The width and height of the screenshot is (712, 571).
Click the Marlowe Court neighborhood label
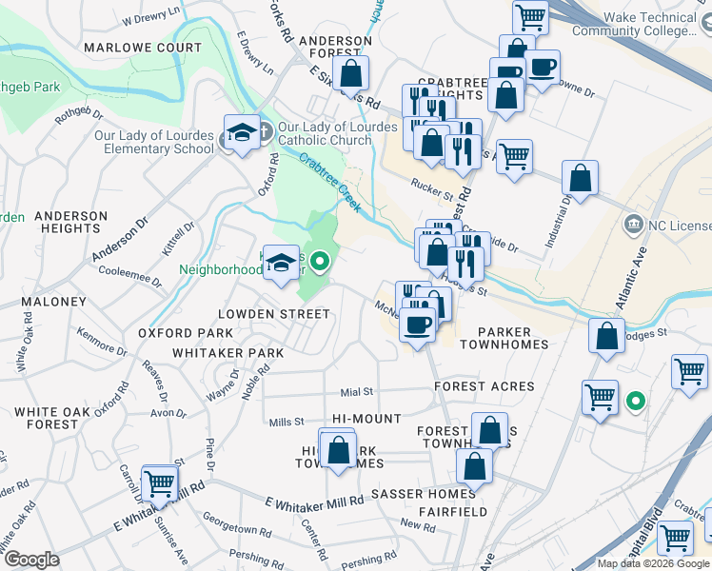(143, 48)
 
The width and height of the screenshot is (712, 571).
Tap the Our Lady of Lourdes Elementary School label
(154, 142)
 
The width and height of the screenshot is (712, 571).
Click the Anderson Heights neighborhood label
(70, 223)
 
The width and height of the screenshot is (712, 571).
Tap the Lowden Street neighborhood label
(274, 314)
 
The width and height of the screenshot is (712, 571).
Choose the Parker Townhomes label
(514, 338)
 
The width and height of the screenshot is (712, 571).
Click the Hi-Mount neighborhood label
(367, 419)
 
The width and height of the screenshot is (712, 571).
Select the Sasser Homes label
(423, 494)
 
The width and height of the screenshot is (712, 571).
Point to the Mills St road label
(286, 422)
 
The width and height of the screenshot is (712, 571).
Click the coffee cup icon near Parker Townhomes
(416, 325)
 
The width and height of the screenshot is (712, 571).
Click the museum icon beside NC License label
(633, 226)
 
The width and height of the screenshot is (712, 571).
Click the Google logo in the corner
(31, 560)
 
